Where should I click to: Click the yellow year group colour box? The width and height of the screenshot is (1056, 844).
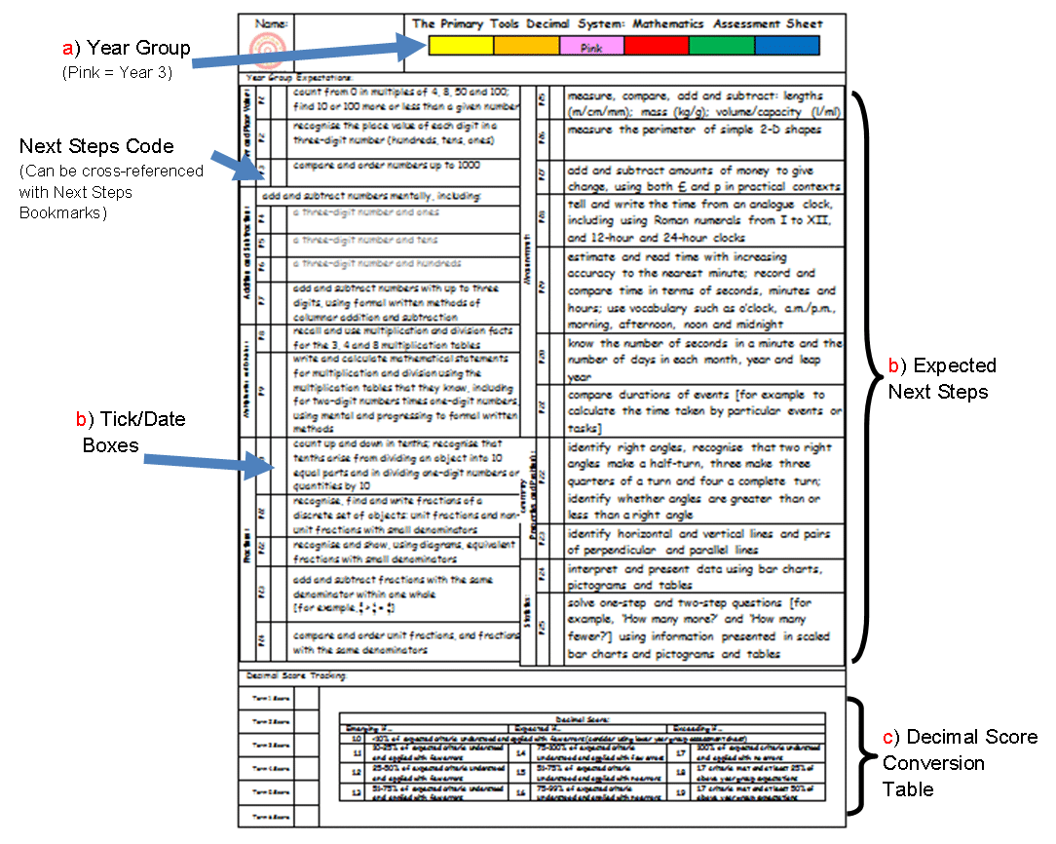pyautogui.click(x=461, y=46)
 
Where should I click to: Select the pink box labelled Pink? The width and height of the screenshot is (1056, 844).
pyautogui.click(x=591, y=46)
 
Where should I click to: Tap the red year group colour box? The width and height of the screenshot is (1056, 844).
pyautogui.click(x=656, y=46)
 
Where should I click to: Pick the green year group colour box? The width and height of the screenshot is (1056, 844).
pyautogui.click(x=721, y=46)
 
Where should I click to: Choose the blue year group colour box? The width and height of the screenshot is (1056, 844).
pyautogui.click(x=787, y=46)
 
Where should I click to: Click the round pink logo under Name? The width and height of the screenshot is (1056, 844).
pyautogui.click(x=264, y=48)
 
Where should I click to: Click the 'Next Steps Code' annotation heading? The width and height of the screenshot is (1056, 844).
pyautogui.click(x=96, y=146)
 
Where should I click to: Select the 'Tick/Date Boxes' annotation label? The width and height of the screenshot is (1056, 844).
pyautogui.click(x=131, y=430)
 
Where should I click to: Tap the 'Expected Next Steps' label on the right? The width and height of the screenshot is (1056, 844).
pyautogui.click(x=941, y=378)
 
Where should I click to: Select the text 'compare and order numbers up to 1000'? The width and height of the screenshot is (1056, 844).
pyautogui.click(x=389, y=166)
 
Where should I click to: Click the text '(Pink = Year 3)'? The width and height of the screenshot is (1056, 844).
pyautogui.click(x=117, y=71)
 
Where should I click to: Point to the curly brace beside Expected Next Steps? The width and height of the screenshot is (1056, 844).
pyautogui.click(x=862, y=375)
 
